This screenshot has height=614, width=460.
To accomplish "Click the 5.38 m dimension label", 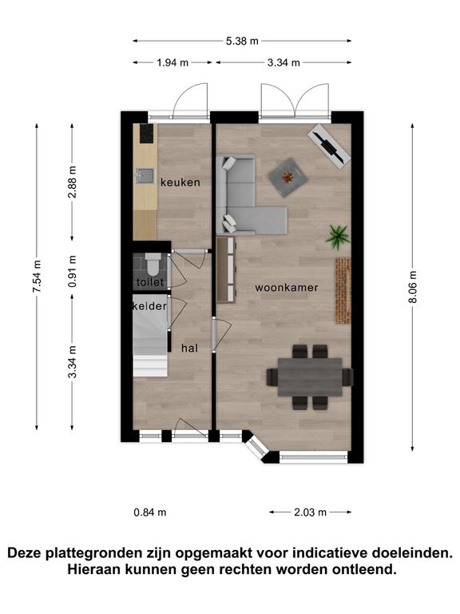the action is pos(242,41).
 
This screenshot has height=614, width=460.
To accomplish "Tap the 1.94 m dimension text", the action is pos(172,62).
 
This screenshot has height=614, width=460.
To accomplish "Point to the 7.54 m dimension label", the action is pos(37,277).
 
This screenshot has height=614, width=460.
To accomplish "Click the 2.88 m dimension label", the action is pos(72,181).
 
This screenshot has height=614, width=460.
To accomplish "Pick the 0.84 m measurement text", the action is pos(150,512).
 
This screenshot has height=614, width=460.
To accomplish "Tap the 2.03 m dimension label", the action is pos(310,512).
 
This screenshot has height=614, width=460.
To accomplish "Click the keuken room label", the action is pos(180,182).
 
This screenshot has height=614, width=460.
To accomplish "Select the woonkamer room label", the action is pos(287,288).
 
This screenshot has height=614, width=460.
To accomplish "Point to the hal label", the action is pos(190,348).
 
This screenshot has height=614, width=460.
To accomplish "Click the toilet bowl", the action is pos(153,264).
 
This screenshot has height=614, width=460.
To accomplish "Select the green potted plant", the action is pos(337,237).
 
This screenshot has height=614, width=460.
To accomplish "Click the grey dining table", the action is pos(310,377).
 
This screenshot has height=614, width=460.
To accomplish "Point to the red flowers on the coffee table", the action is pos(287,177).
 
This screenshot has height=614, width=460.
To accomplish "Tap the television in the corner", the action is pos(329,146).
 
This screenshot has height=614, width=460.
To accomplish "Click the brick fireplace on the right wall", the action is pos(343,290).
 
